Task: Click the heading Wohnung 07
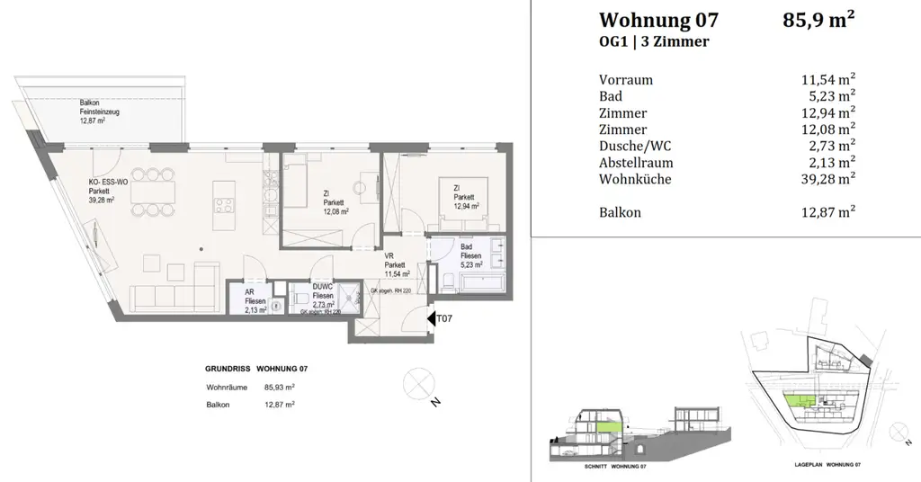pos(658,21)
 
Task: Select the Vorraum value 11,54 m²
pos(820,79)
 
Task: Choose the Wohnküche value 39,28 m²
pos(820,180)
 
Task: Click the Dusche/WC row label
pos(634,147)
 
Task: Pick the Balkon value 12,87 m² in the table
pos(820,213)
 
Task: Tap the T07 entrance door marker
pos(443,317)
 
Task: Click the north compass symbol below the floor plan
pos(420,384)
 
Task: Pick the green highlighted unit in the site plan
pos(798,400)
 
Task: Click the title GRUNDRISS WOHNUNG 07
pos(256,369)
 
